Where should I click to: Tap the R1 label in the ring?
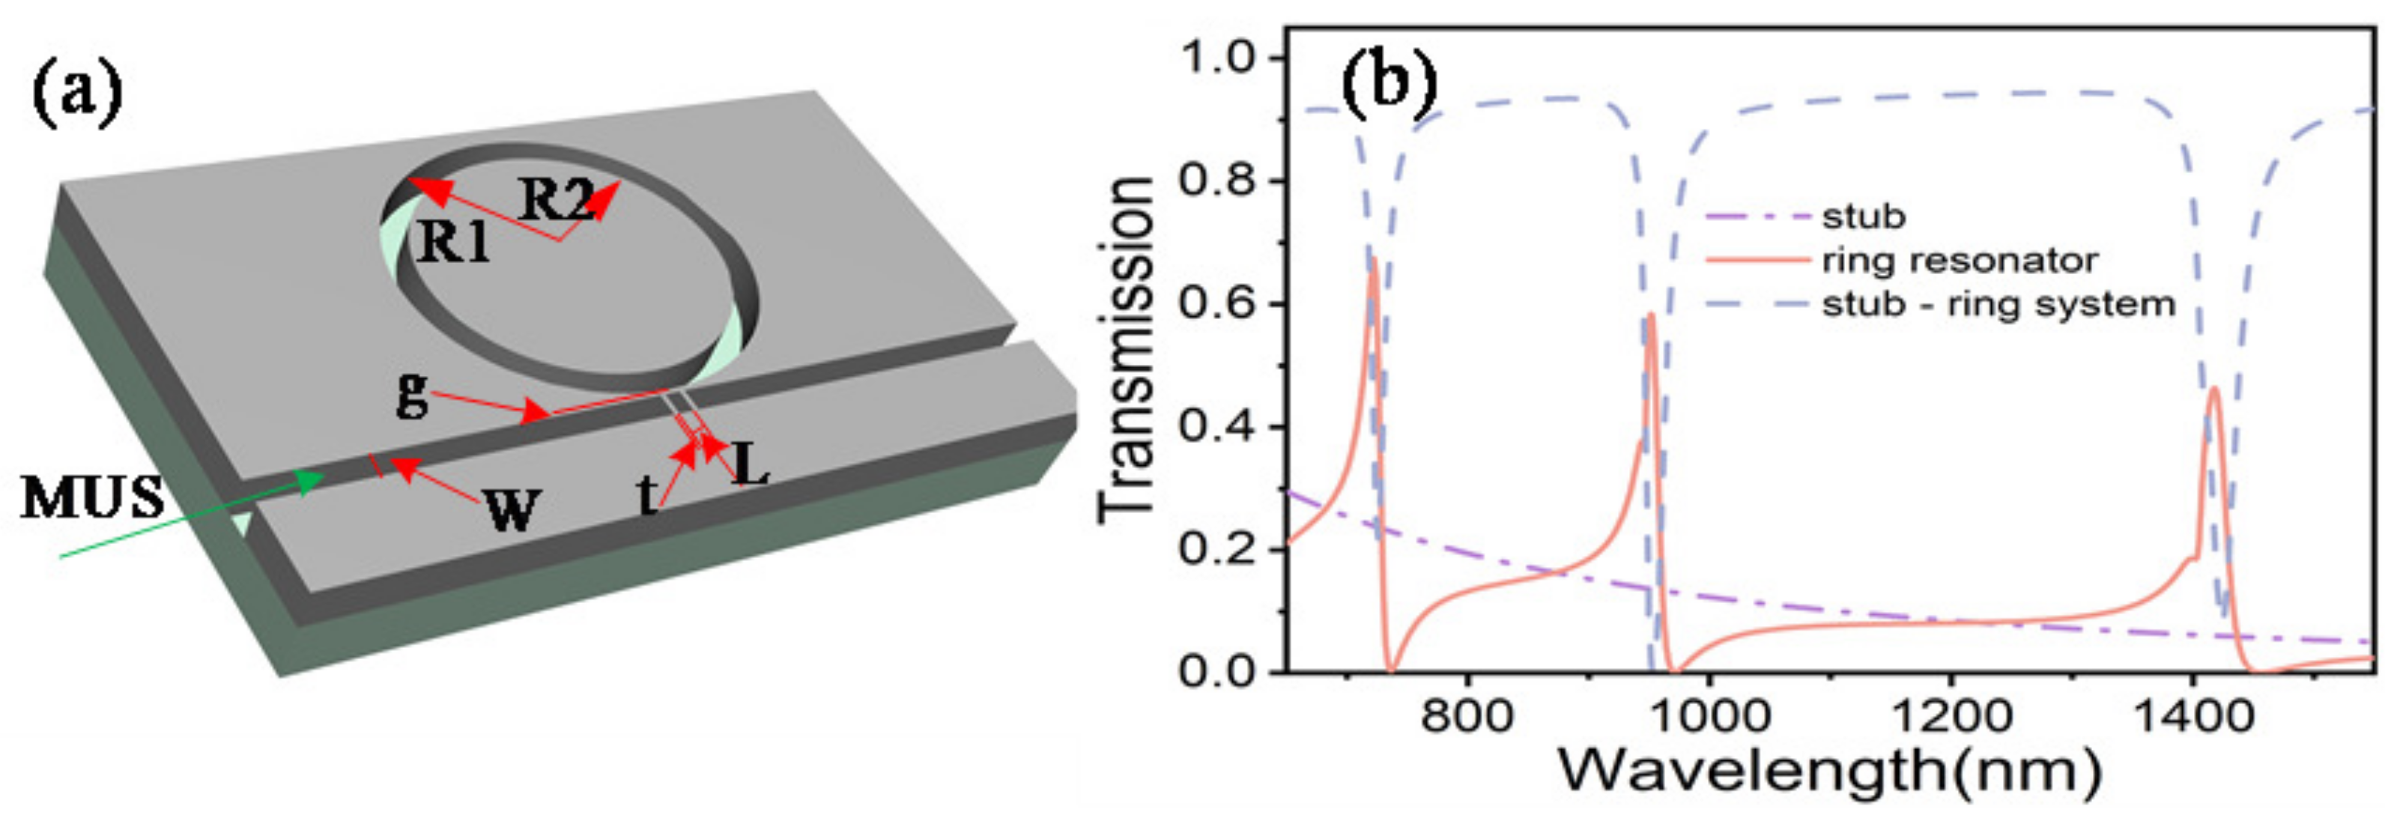click(x=452, y=243)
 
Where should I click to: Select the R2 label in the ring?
click(x=555, y=198)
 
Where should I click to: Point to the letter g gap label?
click(x=412, y=393)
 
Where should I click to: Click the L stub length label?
click(x=751, y=464)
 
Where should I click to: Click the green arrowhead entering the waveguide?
click(x=312, y=478)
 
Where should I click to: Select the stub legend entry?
click(x=1864, y=216)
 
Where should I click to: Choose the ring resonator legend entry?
click(x=1959, y=260)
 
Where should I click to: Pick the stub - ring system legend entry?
click(x=1998, y=304)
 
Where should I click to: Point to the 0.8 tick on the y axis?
click(x=1216, y=179)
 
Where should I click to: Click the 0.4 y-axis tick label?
click(x=1216, y=425)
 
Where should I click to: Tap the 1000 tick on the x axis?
click(x=1708, y=717)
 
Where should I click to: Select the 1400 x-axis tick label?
click(x=2192, y=717)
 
